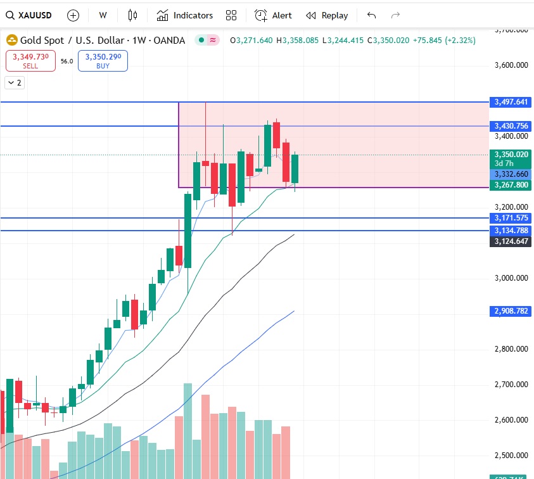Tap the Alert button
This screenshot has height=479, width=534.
point(274,15)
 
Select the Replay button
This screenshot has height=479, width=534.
point(327,15)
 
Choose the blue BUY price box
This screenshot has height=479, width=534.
point(103,61)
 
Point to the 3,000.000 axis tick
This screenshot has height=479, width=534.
point(511,278)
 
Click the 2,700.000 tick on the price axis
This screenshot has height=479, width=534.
point(511,385)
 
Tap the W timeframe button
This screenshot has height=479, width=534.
point(103,15)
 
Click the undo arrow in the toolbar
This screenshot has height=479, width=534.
point(371,15)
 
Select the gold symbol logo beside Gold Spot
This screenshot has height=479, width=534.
point(12,41)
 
